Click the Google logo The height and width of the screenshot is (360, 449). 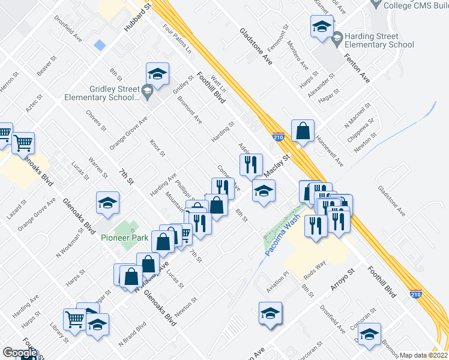click(x=19, y=353)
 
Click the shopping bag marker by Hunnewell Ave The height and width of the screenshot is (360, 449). click(x=303, y=131)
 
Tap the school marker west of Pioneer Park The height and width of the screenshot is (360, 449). click(x=107, y=203)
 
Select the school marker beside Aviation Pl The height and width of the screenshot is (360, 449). click(x=271, y=313)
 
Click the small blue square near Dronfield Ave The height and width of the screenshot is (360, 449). click(x=100, y=45)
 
